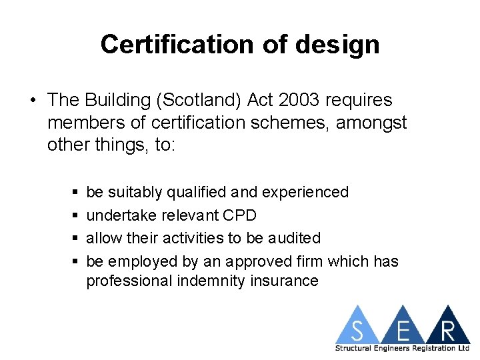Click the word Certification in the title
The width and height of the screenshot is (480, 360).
(176, 45)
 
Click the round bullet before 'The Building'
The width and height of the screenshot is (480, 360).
(33, 101)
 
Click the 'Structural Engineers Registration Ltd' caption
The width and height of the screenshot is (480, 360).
(402, 349)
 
